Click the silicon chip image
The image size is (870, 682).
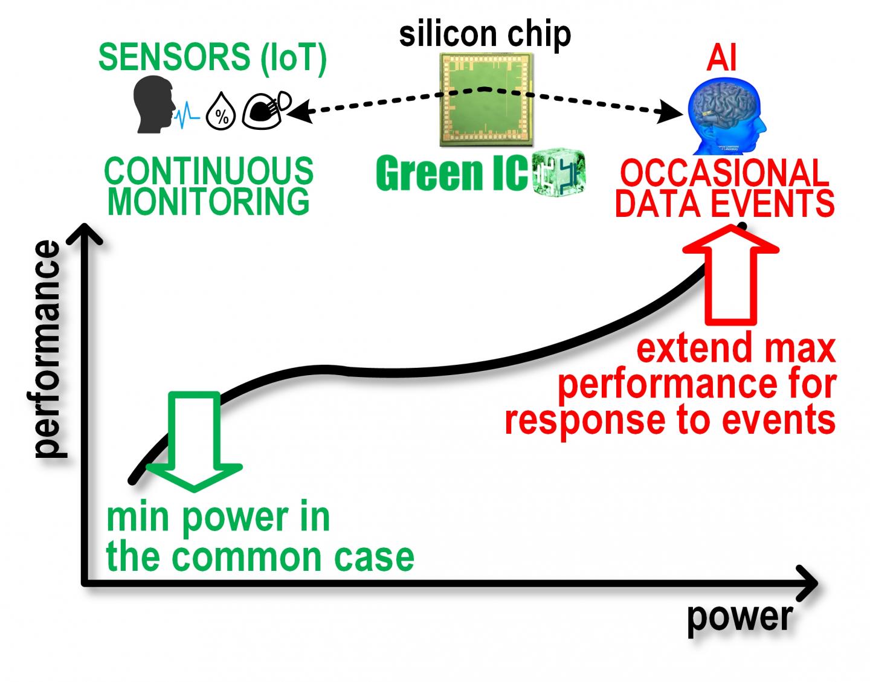pyautogui.click(x=486, y=100)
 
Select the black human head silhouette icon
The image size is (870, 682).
pyautogui.click(x=153, y=107)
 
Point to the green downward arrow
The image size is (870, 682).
pyautogui.click(x=194, y=441)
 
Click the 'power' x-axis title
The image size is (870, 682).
pyautogui.click(x=739, y=617)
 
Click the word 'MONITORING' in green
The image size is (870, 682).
pyautogui.click(x=208, y=202)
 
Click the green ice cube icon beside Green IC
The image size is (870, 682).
pyautogui.click(x=559, y=173)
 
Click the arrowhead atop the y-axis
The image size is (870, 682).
pyautogui.click(x=85, y=233)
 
